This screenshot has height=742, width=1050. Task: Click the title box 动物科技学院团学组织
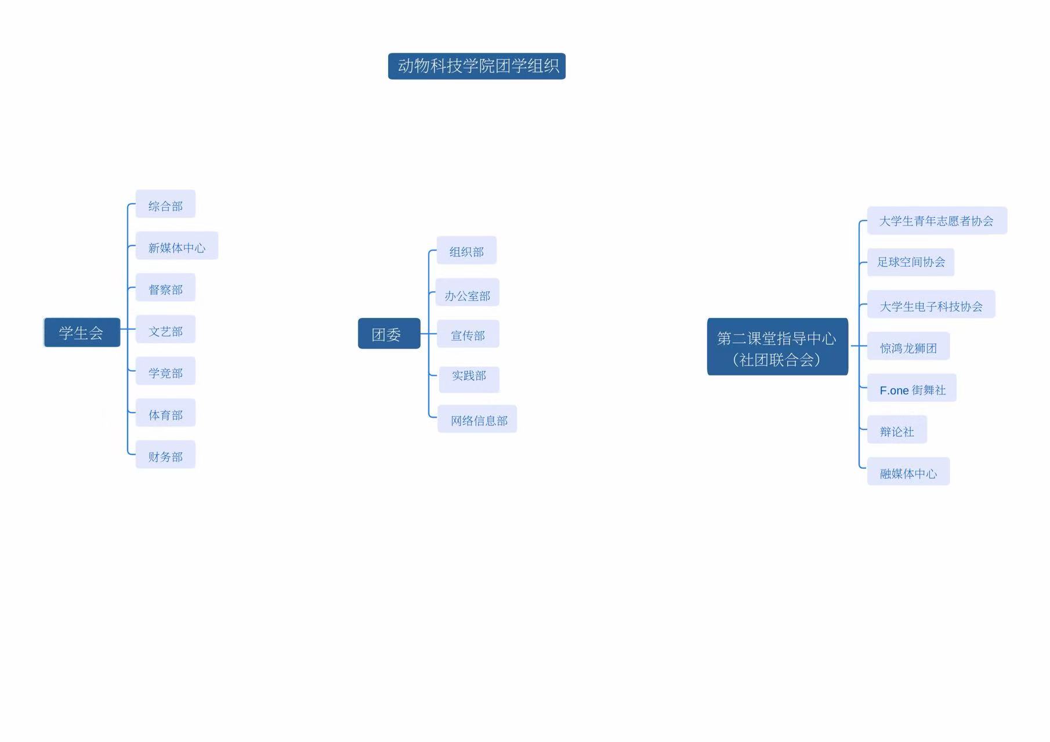(x=477, y=66)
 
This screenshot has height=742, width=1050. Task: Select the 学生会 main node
(x=82, y=332)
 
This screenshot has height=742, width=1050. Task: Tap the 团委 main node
(x=389, y=334)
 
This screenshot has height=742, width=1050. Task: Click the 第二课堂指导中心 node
(x=777, y=346)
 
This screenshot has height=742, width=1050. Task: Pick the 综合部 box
(x=165, y=204)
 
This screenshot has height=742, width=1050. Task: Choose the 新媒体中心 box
(x=177, y=245)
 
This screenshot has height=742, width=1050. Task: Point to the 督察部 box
(x=165, y=287)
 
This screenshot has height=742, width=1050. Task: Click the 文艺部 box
(x=165, y=329)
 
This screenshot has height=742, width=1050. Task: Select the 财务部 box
(x=165, y=454)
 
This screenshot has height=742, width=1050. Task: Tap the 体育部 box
(x=165, y=412)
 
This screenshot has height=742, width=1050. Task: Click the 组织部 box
(x=466, y=250)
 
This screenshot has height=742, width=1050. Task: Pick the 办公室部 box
(x=468, y=292)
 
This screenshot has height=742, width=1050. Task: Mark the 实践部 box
(x=469, y=379)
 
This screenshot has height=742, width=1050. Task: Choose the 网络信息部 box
(x=477, y=419)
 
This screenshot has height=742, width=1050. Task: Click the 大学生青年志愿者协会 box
(x=937, y=220)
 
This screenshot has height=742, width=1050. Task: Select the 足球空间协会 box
(x=911, y=262)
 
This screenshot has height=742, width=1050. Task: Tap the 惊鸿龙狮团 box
(x=908, y=346)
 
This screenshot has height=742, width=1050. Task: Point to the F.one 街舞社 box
(x=912, y=388)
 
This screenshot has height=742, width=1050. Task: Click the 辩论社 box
(x=897, y=429)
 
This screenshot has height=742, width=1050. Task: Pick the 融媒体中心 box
(x=908, y=471)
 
